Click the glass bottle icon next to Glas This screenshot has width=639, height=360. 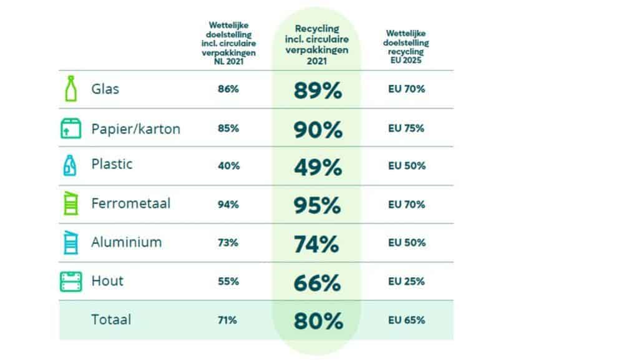click(x=71, y=89)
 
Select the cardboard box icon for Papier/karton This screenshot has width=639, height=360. click(x=71, y=129)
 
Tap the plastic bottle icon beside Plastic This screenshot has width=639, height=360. click(x=70, y=165)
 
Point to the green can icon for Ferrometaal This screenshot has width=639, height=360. click(x=71, y=203)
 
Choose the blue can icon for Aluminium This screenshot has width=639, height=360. click(x=71, y=242)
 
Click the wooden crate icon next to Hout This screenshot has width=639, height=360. click(x=71, y=281)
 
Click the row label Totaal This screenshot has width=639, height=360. click(x=111, y=319)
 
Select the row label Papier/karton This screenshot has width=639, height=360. click(x=135, y=129)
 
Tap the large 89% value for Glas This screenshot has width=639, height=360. click(x=318, y=90)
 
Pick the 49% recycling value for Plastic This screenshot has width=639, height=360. click(x=318, y=167)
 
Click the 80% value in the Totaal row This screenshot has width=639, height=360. click(x=318, y=321)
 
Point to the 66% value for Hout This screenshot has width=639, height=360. click(x=317, y=283)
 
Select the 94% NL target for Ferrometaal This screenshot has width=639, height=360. click(x=228, y=205)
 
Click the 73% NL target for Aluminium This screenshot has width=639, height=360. click(x=228, y=243)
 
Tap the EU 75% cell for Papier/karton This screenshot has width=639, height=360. click(x=406, y=129)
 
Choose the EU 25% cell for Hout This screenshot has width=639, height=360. click(x=406, y=281)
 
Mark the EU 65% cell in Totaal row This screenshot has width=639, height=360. click(x=406, y=320)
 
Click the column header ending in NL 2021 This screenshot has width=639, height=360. click(x=228, y=43)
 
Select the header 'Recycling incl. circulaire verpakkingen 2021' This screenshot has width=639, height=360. click(x=316, y=44)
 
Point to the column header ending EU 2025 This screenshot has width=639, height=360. click(x=406, y=46)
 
